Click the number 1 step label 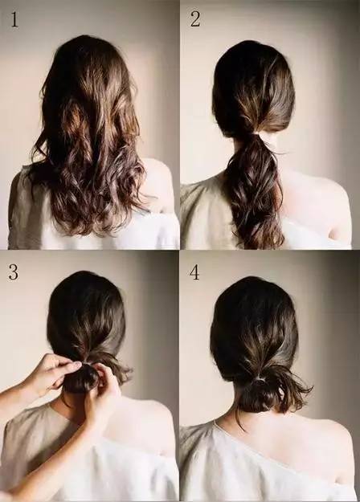coord(14,19)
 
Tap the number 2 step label coord(195,19)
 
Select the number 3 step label coord(14,272)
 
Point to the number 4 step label coord(194,272)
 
